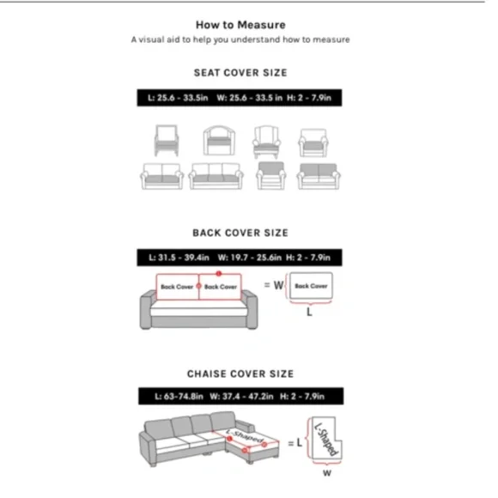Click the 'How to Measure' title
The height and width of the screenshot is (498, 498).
coord(240,25)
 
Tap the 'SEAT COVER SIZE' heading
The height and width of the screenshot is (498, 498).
coord(240,73)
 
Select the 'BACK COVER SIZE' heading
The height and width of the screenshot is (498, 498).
coord(240,233)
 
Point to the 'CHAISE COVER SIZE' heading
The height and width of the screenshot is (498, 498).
coord(240,373)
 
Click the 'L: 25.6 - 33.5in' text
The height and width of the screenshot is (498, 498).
coord(178,98)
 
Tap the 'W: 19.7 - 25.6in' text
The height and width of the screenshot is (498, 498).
coord(250,258)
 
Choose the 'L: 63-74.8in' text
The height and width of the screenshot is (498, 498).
coord(179,397)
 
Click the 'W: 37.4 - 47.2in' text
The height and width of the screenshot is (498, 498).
coord(241,397)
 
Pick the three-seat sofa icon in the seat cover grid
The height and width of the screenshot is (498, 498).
coord(216,176)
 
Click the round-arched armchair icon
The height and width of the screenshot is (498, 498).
coord(219,140)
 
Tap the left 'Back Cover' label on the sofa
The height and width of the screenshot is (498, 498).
coord(177,287)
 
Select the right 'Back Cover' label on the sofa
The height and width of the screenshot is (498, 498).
coord(221,287)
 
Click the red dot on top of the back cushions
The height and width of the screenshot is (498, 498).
coord(218,273)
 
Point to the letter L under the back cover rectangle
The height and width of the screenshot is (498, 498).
coord(309,313)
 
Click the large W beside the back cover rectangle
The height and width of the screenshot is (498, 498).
coord(278,285)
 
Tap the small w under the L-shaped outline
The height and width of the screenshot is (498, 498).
coord(327,473)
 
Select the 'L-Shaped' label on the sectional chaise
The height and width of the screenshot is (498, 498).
coord(245,436)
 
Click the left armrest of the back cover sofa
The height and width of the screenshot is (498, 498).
coord(148,310)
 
